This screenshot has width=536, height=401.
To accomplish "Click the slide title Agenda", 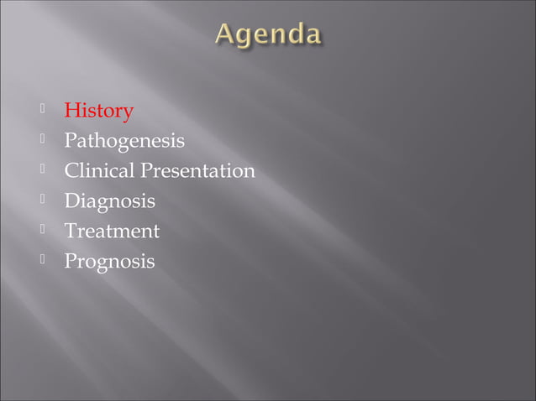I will point(268,36).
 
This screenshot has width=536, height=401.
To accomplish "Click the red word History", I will point(99,111).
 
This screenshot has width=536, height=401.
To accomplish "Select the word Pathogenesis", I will point(124,142).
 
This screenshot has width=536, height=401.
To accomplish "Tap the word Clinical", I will point(99,171).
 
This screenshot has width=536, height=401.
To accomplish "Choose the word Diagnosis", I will point(110,201).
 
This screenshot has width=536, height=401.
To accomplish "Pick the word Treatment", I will point(112,231).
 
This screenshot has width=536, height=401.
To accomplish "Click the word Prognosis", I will point(110,262).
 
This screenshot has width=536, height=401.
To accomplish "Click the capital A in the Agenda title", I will point(226,35).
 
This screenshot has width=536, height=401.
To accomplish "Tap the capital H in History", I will point(72,111).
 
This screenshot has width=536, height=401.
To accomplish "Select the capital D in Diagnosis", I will point(72,201).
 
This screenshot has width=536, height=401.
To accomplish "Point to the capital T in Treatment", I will point(71,231).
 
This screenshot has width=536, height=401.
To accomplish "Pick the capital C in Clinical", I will point(72,171).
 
